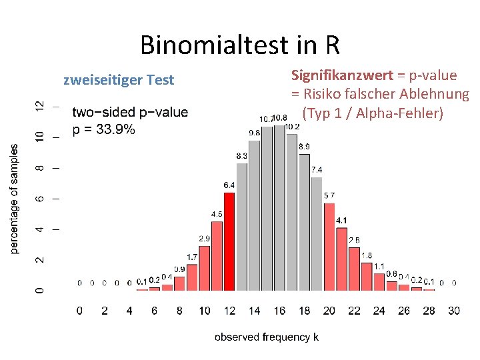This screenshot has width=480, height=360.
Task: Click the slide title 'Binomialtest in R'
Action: [240, 45]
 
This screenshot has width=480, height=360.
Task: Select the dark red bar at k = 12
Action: [229, 241]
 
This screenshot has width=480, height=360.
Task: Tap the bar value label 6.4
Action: [229, 185]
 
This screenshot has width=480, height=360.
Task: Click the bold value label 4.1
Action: [341, 221]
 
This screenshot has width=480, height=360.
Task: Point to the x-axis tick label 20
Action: [329, 311]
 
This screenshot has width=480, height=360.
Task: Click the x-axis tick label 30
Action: [454, 311]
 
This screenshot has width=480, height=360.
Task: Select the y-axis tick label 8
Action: [40, 168]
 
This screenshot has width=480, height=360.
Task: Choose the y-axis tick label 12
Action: [40, 106]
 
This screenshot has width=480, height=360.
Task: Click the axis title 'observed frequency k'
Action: [266, 337]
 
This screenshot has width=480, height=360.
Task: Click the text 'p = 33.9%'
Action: [103, 129]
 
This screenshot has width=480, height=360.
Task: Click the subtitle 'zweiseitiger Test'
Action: [118, 80]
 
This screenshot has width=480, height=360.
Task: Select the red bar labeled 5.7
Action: [329, 247]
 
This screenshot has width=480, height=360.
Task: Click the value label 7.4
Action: [317, 169]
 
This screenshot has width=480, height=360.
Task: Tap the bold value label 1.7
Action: [192, 257]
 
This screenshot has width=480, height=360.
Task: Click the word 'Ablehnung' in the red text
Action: [437, 95]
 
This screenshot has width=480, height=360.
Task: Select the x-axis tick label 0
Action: [80, 311]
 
